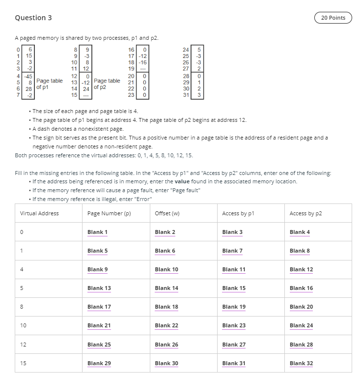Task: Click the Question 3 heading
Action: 33,18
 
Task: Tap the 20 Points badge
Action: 333,18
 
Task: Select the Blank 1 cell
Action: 97,232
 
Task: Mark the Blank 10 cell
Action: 166,269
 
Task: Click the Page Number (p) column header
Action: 109,213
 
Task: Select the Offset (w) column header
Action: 167,213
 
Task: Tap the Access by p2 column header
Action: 305,213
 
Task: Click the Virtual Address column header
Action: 39,213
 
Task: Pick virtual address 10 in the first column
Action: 23,325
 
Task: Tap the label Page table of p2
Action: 107,84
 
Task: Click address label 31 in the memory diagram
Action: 186,95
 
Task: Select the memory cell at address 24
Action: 199,50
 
